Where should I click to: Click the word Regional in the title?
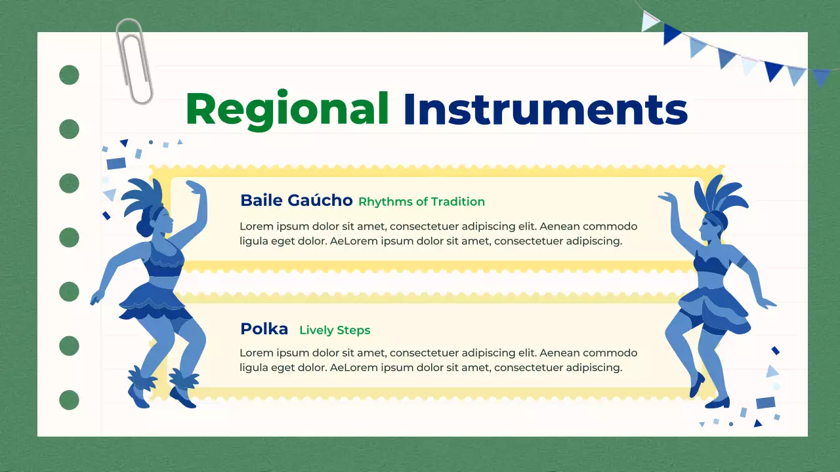pos(287,109)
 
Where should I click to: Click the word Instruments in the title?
pos(545,109)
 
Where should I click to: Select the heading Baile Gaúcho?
pos(296,201)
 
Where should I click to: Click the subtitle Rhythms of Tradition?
pos(421,202)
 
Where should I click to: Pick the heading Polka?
pos(264,329)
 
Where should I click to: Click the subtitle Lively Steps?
pos(335,330)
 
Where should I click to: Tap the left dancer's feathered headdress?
pos(142,197)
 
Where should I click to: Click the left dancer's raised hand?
pos(193,186)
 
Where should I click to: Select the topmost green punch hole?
pos(69,75)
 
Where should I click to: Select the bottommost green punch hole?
pos(69,399)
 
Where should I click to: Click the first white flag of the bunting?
pos(649,22)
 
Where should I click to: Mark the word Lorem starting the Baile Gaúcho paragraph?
pos(255,227)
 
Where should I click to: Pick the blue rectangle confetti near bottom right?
pos(765,403)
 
